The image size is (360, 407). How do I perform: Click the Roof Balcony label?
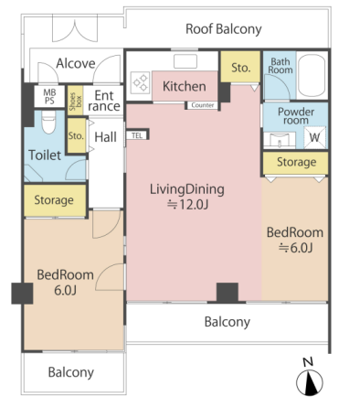point(224,29)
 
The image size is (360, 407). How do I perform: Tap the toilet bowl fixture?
point(48,122)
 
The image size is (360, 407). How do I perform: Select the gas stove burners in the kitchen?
point(141,82)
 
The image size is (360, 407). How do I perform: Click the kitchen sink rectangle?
point(185,61)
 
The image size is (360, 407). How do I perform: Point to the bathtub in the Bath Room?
point(312,75)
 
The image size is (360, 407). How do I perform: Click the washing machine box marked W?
point(315,137)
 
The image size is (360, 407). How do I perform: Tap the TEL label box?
point(137,135)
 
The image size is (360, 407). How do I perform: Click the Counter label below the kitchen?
point(203,105)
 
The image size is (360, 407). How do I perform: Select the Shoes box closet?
point(75,101)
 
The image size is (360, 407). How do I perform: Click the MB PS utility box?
point(49,96)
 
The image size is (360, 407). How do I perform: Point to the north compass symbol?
point(310,382)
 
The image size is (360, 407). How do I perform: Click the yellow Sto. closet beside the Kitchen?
point(240,67)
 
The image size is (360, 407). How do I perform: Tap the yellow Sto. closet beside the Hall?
point(76,135)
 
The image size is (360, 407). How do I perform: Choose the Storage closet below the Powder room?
point(296,163)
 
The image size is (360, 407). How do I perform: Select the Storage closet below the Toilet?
point(54,200)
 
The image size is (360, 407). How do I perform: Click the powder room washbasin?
point(280,140)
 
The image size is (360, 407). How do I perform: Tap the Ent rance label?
point(104,101)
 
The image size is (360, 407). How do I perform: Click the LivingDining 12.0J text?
point(187,197)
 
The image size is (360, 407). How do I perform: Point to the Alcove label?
point(76,64)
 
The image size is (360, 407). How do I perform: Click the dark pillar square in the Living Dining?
point(228,292)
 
